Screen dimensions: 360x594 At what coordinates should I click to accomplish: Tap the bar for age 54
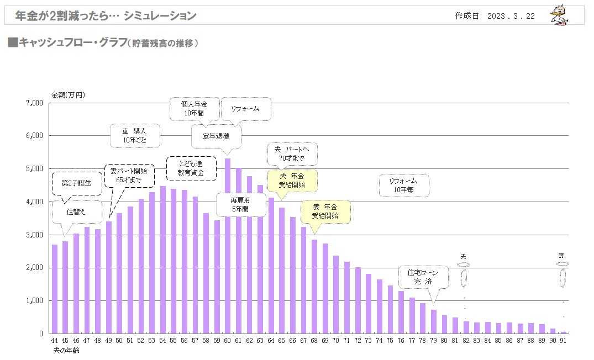tap(162, 260)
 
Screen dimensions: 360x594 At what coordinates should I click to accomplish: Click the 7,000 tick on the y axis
tap(35, 103)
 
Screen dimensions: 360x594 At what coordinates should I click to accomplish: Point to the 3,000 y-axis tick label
tap(35, 235)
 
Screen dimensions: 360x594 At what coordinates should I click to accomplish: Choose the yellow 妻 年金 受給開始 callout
tap(324, 211)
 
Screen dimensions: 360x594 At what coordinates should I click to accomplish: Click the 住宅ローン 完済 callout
tap(423, 277)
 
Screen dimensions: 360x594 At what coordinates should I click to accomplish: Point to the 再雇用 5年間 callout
tap(240, 204)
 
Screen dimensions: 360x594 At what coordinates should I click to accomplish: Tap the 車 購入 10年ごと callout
tap(135, 135)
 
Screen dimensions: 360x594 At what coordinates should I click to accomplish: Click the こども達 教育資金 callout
tap(191, 168)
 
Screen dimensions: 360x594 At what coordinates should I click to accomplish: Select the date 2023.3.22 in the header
tap(511, 16)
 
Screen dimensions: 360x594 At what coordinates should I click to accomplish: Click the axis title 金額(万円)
tap(68, 95)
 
